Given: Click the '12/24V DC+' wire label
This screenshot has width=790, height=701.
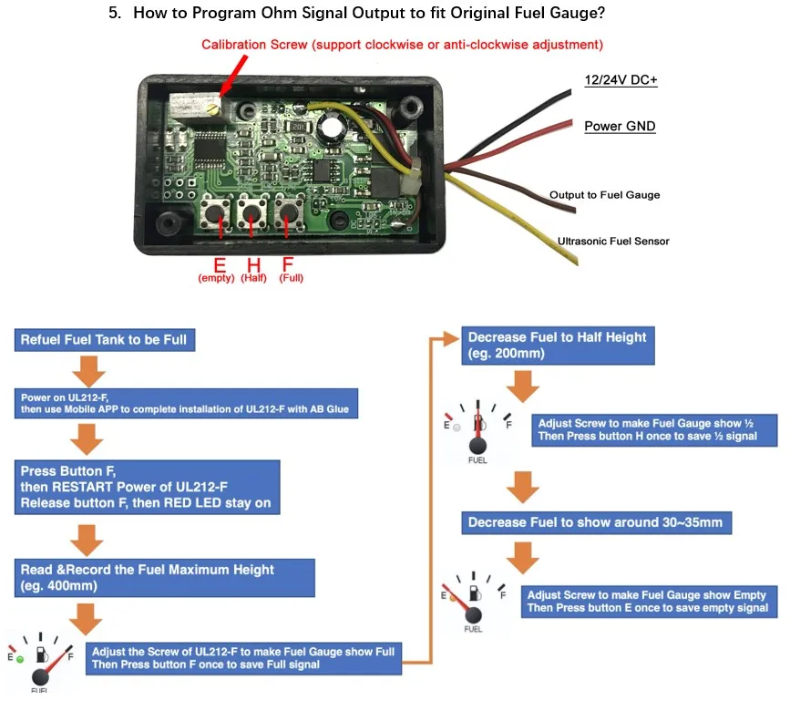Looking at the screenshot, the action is pos(621,80).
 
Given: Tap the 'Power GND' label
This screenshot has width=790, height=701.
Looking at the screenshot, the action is pos(620,126).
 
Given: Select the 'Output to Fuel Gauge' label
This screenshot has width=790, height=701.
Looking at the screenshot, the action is pos(605,195).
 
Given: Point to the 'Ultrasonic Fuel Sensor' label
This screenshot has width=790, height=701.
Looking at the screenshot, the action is pos(613,242).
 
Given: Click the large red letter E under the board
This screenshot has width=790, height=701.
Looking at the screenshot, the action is pos(220,264).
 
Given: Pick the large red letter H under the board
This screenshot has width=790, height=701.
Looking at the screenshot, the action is pos(254,264).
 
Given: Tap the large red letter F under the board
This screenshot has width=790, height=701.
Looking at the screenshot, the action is pos(288,264).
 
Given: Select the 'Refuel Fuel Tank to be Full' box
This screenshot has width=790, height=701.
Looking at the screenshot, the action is pos(105,340).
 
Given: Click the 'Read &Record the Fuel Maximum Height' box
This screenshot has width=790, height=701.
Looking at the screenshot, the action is pos(165,578).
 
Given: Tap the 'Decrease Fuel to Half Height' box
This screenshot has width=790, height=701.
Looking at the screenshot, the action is pos(559,345).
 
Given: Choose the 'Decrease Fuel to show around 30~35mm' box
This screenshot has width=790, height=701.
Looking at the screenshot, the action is pos(597,522).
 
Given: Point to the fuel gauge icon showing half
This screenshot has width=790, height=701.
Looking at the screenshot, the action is pos(477,432).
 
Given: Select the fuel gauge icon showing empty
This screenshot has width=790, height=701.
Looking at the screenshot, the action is pos(473,603).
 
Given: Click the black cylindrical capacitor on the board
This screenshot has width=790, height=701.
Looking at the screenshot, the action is pos(331,125).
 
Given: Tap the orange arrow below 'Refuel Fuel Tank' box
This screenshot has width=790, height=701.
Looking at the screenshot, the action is pos(88,371).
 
